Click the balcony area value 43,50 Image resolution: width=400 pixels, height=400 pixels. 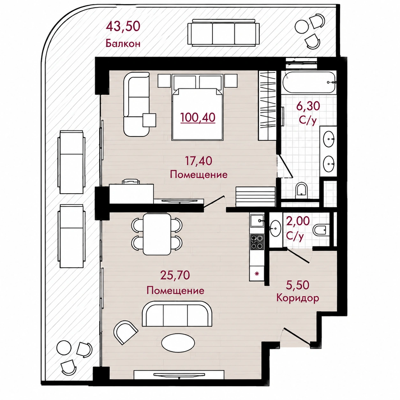coord(123,26)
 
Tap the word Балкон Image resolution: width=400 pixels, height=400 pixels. coord(123,44)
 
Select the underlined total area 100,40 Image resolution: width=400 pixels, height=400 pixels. coord(198,117)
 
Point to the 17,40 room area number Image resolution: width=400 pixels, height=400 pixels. coord(198,161)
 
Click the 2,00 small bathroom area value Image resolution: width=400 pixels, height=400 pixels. coord(298,221)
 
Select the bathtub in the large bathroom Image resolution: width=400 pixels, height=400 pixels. coord(308,82)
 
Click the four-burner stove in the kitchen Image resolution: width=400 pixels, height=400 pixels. coord(257,241)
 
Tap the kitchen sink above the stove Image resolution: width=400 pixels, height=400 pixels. coord(257,220)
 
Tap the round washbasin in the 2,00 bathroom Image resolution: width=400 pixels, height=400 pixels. coord(275,228)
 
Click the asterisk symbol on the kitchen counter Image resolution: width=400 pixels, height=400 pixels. coord(257,273)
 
